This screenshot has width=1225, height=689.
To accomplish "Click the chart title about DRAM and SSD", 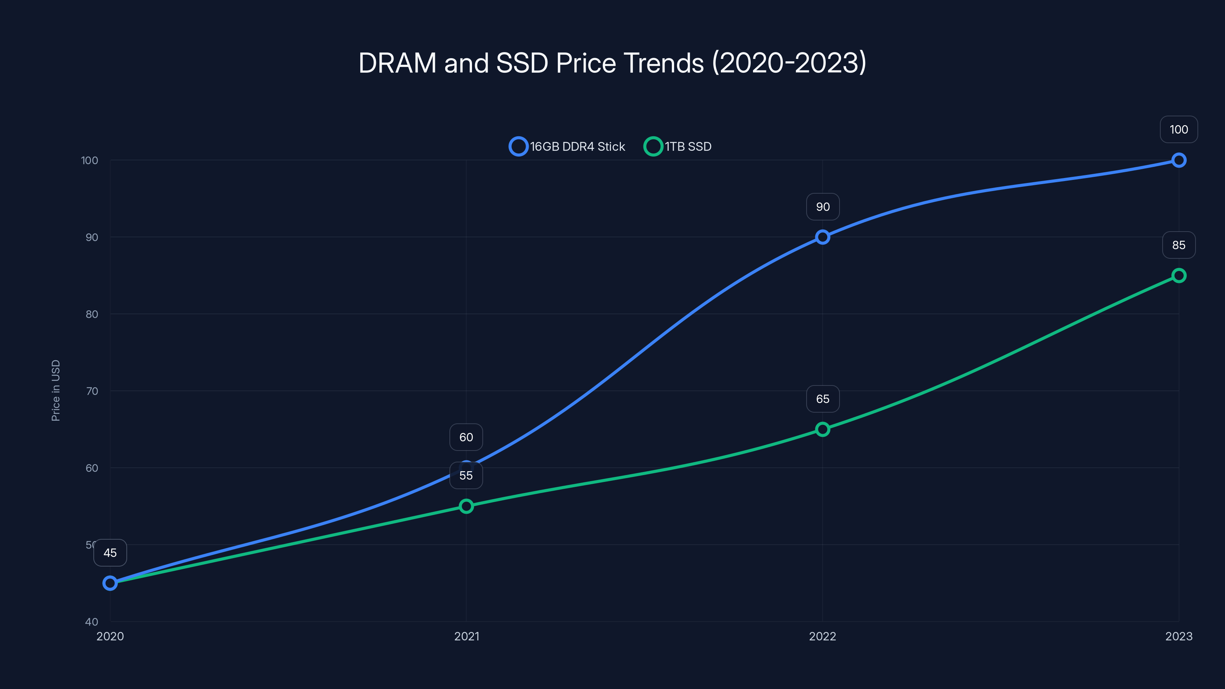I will click(x=612, y=63).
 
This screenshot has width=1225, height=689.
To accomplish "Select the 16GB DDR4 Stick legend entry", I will click(x=567, y=147).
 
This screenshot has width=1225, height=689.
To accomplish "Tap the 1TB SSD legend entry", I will click(x=678, y=147).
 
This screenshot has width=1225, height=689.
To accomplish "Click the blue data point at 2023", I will click(x=1178, y=160).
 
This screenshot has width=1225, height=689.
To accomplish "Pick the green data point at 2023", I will click(x=1178, y=275).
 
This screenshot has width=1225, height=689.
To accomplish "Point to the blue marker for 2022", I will click(x=822, y=237).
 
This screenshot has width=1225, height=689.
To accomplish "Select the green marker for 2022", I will click(x=822, y=429).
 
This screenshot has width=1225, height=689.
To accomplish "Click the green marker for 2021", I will click(x=466, y=506).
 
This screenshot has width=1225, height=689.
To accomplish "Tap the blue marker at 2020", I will click(x=110, y=583).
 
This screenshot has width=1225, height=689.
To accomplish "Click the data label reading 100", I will click(x=1178, y=130).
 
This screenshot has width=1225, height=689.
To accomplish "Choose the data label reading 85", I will click(x=1178, y=245).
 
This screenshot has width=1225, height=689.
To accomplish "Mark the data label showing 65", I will click(x=822, y=399).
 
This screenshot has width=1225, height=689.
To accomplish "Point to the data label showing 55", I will click(x=466, y=475).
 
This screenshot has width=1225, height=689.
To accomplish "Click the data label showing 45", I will click(x=110, y=552).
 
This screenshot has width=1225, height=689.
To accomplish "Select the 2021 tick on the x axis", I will click(x=466, y=636).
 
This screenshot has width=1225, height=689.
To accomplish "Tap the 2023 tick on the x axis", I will click(x=1178, y=636).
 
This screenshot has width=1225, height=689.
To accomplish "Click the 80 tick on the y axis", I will click(x=92, y=314).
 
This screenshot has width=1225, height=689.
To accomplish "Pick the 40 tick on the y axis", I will click(x=92, y=622).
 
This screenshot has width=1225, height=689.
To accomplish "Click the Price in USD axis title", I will click(x=56, y=390).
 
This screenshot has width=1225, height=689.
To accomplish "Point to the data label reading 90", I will click(x=822, y=207).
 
